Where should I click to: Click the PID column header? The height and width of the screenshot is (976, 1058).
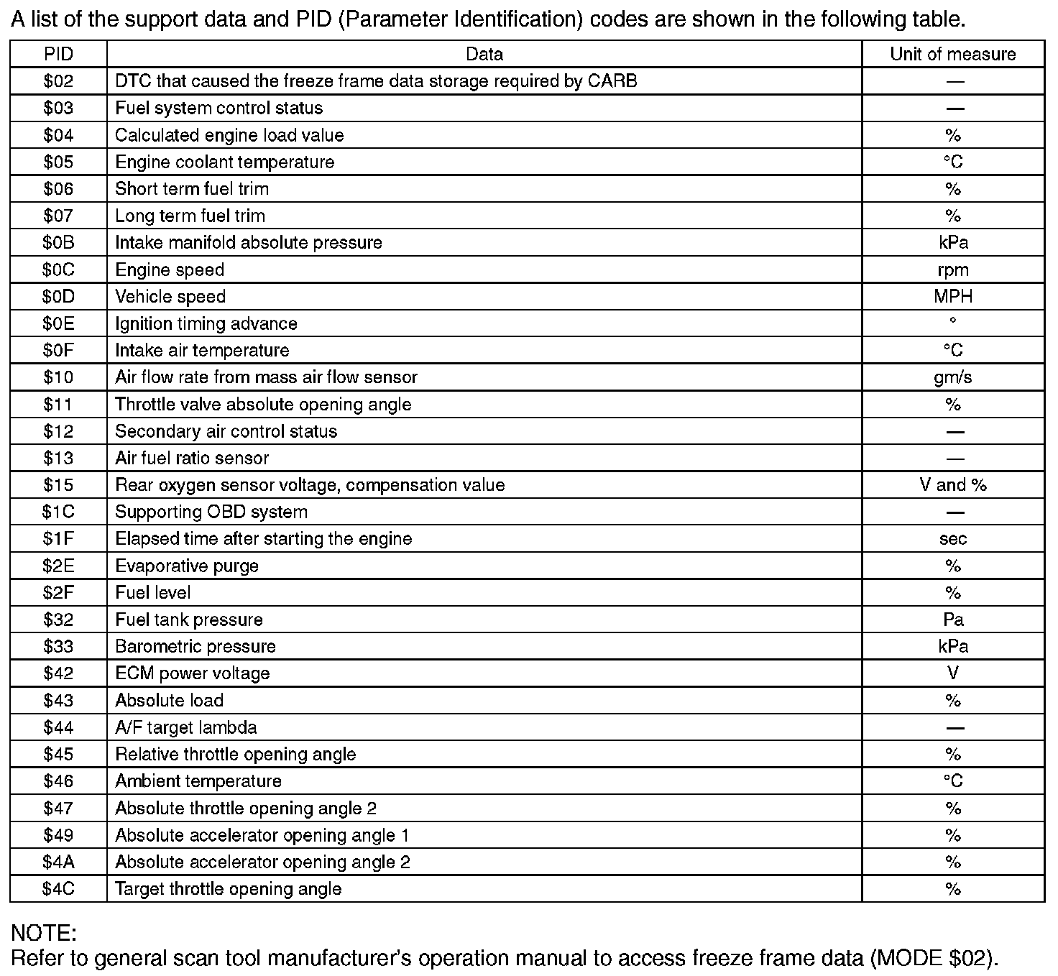click(58, 54)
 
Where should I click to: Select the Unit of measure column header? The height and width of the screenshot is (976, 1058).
click(952, 54)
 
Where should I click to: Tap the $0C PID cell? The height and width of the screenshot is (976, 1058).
click(58, 270)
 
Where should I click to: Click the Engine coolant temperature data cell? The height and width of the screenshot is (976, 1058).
click(224, 162)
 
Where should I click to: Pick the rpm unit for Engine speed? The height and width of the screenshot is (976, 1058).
click(952, 270)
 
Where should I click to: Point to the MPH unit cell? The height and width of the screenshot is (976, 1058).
click(952, 296)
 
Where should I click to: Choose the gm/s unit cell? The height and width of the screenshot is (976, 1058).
click(952, 377)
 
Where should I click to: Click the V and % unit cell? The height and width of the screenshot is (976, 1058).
click(952, 485)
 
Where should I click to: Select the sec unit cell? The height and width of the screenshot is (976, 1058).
click(952, 539)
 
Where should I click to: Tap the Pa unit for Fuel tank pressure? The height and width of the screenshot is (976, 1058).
click(952, 620)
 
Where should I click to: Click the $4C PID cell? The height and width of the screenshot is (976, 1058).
click(58, 889)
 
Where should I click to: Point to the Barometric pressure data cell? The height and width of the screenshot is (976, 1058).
click(195, 646)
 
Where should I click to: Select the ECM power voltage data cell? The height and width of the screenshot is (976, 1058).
click(193, 673)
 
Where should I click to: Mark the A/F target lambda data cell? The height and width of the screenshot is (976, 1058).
click(186, 727)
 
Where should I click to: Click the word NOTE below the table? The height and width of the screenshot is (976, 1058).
click(43, 933)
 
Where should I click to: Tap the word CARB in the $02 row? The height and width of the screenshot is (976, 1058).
click(612, 81)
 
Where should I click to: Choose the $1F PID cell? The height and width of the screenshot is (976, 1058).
click(58, 539)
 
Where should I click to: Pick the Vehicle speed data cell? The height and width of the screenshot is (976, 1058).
click(170, 296)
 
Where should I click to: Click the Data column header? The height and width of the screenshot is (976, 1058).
click(484, 54)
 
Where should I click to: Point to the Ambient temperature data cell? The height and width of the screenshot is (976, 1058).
click(198, 781)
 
